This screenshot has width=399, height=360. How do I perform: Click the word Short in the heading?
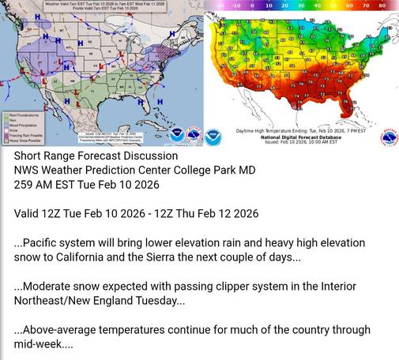30,156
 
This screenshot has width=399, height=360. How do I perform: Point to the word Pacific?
45,242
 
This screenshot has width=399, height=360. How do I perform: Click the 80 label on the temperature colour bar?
382,5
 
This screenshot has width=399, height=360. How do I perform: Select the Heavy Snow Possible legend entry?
21,140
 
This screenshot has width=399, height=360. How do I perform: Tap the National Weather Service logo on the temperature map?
387,136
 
